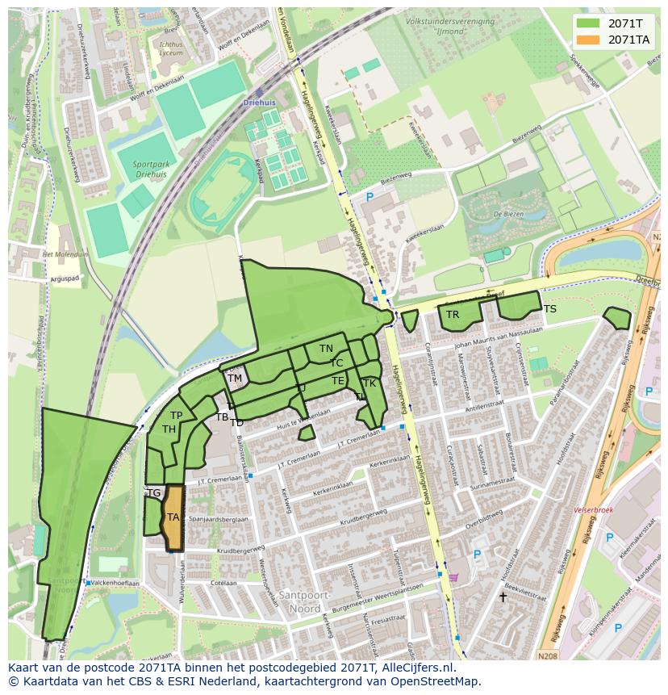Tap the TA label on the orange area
(173, 517)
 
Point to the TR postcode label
(453, 315)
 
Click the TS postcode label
(549, 309)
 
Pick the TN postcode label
(326, 349)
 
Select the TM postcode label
(235, 378)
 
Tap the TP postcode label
(176, 416)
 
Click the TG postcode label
(154, 492)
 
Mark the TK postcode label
(369, 383)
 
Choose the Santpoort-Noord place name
(299, 601)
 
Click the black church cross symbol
(503, 597)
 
